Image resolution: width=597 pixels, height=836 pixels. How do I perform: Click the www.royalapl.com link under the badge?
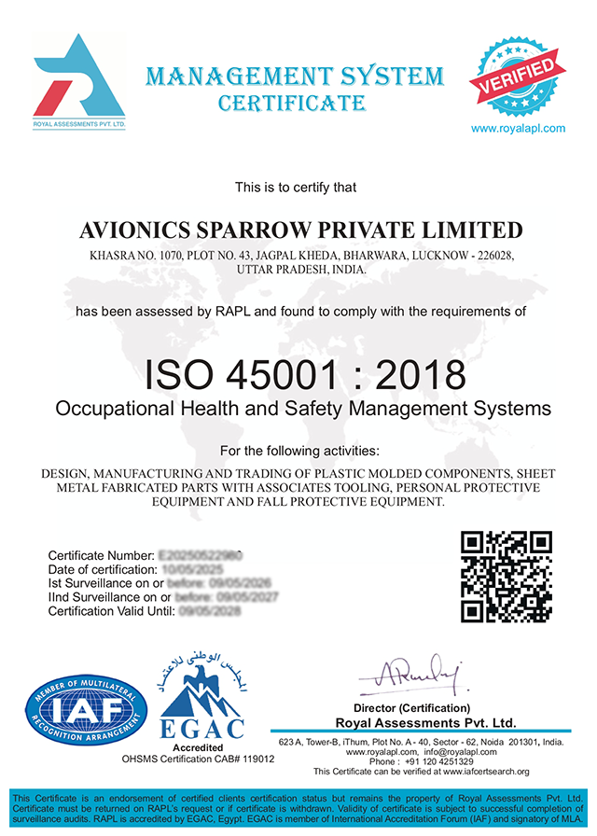(518, 128)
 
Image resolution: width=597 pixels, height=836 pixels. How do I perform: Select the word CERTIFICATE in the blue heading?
(291, 103)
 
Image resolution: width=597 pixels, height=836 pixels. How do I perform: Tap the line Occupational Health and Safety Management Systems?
(303, 409)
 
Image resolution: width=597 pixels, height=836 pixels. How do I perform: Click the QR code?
(507, 577)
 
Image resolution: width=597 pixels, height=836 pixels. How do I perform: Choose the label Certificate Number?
(101, 556)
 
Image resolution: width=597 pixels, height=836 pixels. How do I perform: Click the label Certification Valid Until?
(111, 611)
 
